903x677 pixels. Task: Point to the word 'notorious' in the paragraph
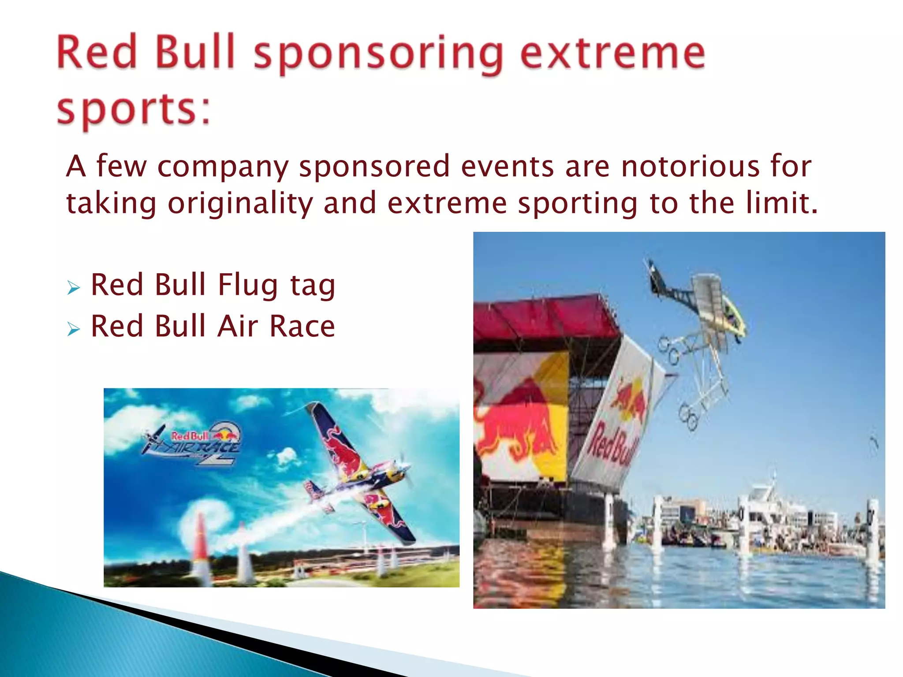tap(690, 167)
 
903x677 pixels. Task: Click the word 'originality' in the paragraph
tap(240, 204)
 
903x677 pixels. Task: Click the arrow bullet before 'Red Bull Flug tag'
tap(74, 288)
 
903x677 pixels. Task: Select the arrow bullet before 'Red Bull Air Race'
tap(74, 329)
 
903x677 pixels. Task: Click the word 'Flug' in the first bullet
tap(248, 285)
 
